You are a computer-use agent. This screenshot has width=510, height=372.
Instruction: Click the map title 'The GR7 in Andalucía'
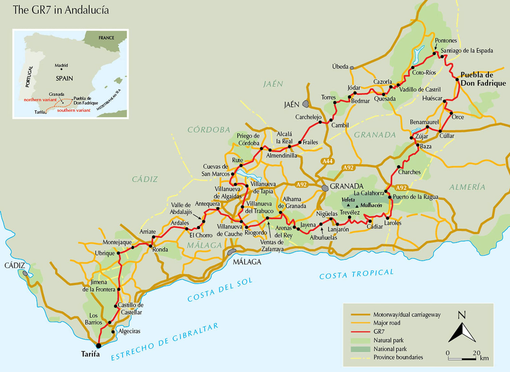tap(61, 10)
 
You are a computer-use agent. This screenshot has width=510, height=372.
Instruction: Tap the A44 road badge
tap(327, 161)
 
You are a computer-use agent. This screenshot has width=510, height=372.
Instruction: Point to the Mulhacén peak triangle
tap(357, 206)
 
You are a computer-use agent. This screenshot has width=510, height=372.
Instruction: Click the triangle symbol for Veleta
tap(348, 205)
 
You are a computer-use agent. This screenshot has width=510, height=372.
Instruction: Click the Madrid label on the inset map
tap(61, 65)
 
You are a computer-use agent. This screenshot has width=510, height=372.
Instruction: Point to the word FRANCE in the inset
tap(106, 38)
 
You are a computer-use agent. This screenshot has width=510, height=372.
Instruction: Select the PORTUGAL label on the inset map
tap(30, 76)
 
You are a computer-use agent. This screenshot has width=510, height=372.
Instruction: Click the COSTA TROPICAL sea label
tap(356, 274)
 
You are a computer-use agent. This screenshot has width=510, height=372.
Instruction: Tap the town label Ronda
tap(160, 249)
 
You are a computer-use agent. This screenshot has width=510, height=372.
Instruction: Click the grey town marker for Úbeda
tap(352, 68)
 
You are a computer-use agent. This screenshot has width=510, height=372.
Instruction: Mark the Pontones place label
tap(446, 40)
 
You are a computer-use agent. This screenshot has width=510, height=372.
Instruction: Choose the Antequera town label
tap(207, 204)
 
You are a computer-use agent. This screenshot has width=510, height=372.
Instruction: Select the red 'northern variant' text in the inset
tap(40, 100)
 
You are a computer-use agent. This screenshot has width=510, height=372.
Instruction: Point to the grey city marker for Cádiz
tap(25, 273)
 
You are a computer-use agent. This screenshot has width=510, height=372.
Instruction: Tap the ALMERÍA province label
tap(467, 187)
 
